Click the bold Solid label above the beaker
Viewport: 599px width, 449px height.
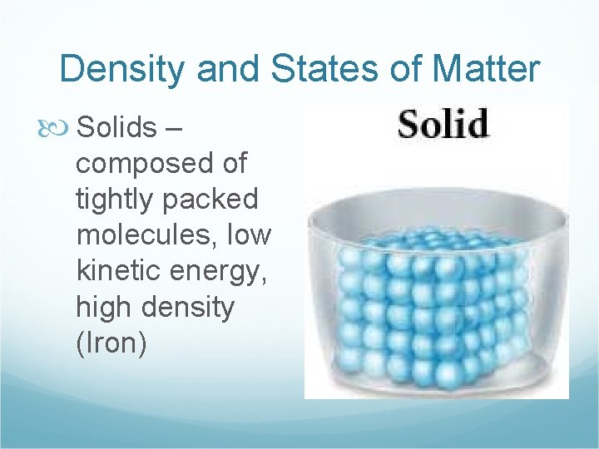(x=442, y=125)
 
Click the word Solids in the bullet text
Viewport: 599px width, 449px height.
(x=116, y=127)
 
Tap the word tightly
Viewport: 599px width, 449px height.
(x=111, y=200)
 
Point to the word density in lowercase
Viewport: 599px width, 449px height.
(x=189, y=308)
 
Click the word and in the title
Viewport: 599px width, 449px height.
(x=225, y=69)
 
